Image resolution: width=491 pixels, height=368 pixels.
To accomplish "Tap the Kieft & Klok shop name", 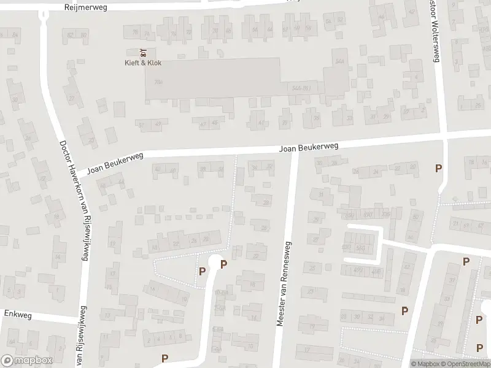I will pyautogui.click(x=143, y=63).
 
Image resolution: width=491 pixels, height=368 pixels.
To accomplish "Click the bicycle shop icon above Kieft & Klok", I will pyautogui.click(x=143, y=52).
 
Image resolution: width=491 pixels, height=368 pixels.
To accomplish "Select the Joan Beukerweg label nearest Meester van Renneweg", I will pyautogui.click(x=309, y=148).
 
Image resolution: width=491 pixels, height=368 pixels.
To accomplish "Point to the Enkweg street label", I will pyautogui.click(x=17, y=313).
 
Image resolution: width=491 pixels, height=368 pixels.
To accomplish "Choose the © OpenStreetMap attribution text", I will pyautogui.click(x=467, y=364).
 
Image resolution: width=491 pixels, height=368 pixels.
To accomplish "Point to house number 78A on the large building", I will pyautogui.click(x=158, y=82).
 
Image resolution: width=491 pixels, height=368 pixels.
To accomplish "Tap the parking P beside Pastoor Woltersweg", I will pyautogui.click(x=438, y=168).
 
